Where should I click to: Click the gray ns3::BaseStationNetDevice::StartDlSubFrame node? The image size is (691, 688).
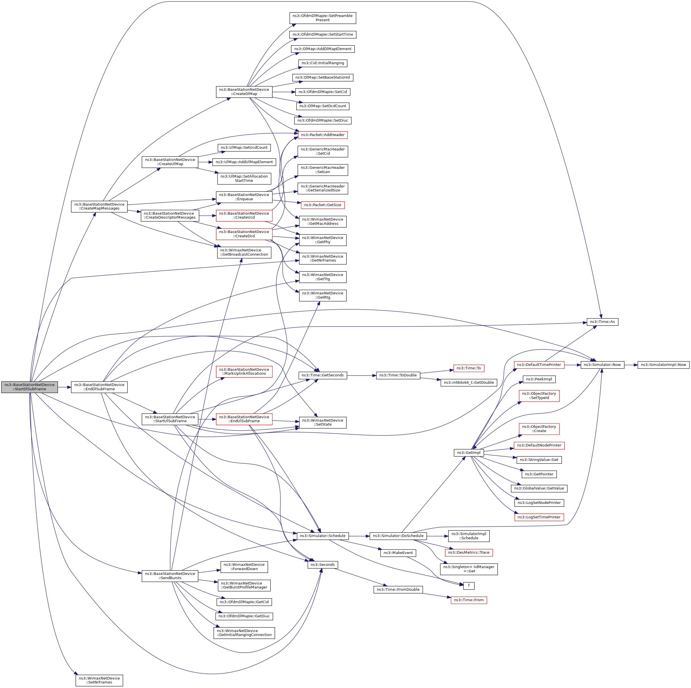coord(29,387)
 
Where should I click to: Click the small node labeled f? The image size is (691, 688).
coord(468,586)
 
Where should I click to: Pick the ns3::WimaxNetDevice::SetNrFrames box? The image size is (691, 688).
coord(99,680)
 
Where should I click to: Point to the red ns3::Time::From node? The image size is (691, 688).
coord(468,600)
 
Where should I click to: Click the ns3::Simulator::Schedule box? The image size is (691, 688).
coord(323,536)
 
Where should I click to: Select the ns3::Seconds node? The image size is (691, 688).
coord(323,565)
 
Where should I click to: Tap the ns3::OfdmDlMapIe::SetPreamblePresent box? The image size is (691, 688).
coord(323,18)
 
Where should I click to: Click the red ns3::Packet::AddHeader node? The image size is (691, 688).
coord(323,135)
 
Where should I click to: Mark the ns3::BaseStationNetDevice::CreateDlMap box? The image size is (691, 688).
coord(244,92)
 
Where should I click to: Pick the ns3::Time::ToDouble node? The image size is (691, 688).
coord(398,375)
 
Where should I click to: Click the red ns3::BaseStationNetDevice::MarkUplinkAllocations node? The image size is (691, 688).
coord(244,371)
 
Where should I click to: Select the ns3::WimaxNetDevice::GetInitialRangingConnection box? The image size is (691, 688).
coord(244,633)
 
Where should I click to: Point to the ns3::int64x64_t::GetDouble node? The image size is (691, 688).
coord(468,383)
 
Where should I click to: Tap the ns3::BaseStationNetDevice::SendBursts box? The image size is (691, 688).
coord(170,576)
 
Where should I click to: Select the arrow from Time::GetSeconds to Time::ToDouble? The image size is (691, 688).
coord(361,375)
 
